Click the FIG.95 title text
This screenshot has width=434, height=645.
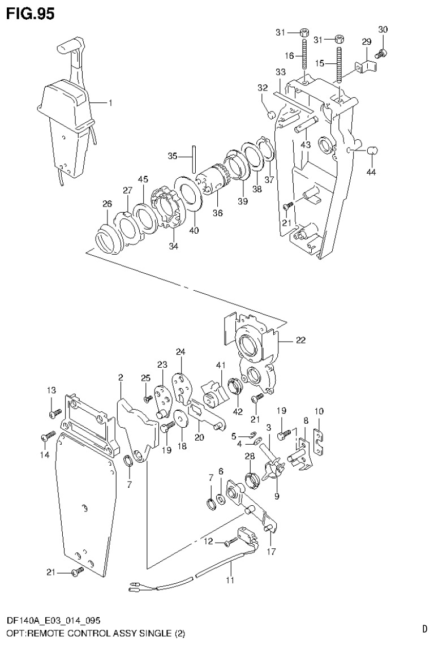(31, 14)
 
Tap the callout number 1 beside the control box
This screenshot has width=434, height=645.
(110, 103)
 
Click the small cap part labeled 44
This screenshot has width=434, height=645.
(372, 150)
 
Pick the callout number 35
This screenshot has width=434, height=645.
(174, 156)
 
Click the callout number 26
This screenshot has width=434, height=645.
(108, 204)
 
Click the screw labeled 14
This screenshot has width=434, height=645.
(47, 436)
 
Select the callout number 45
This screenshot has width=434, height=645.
(144, 179)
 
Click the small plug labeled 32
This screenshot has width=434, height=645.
(271, 114)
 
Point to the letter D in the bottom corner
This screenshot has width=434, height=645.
(424, 628)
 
